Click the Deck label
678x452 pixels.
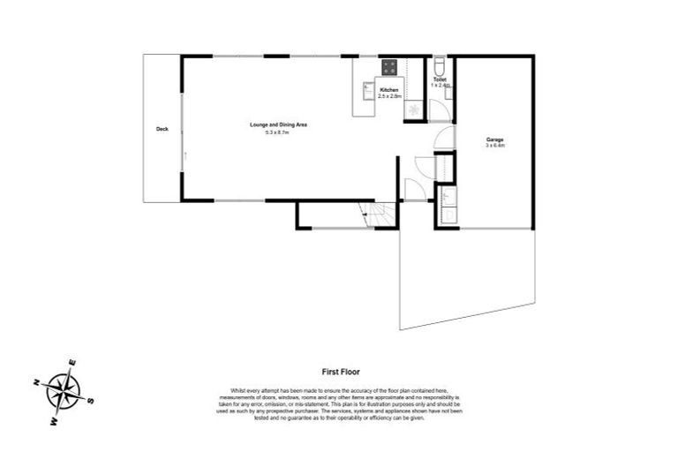162,130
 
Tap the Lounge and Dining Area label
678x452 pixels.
277,124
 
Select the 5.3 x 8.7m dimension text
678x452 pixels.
277,132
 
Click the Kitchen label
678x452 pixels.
388,90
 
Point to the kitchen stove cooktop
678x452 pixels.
389,66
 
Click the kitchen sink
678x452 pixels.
367,87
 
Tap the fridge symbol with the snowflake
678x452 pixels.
413,109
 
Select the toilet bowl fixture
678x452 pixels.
440,66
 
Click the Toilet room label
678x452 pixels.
440,79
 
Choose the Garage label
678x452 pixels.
494,139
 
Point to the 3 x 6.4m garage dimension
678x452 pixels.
494,146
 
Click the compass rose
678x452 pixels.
63,388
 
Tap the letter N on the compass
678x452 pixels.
36,382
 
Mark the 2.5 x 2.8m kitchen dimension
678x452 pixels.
388,96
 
